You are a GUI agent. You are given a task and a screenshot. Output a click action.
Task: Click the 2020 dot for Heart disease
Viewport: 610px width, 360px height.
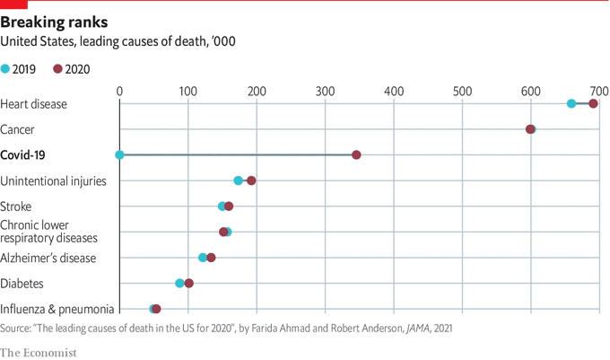593,104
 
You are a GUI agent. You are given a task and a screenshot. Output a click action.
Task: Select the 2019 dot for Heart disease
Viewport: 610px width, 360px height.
571,104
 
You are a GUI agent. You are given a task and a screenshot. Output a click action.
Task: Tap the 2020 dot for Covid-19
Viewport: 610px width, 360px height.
356,155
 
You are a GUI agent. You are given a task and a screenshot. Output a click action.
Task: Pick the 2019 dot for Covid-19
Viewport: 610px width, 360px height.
119,155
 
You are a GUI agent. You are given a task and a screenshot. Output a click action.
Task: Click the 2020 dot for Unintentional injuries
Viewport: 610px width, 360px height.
251,180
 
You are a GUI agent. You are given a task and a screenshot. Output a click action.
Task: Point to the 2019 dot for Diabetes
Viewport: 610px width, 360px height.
179,283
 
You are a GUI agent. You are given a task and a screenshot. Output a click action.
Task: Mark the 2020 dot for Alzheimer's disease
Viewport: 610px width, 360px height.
211,258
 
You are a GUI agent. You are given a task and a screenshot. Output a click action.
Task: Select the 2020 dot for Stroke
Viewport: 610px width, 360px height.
229,206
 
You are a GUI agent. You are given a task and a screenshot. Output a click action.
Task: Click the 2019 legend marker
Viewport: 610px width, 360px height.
6,69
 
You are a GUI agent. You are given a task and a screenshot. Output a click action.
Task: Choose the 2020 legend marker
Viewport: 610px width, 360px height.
58,69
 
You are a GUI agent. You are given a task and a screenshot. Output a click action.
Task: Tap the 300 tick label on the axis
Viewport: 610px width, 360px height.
325,92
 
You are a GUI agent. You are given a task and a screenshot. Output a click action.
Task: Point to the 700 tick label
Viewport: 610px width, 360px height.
598,92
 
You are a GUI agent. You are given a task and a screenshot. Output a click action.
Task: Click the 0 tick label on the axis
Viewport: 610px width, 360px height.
119,92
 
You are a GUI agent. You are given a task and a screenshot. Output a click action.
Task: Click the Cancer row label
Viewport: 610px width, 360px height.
18,129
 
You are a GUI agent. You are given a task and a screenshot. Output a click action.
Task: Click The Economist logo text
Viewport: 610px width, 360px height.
39,352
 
